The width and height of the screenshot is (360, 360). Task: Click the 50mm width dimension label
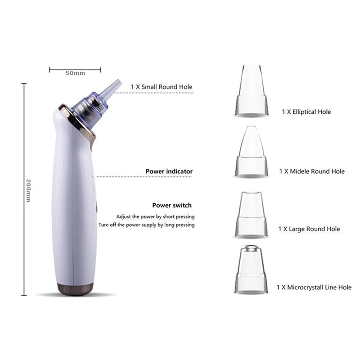(75, 73)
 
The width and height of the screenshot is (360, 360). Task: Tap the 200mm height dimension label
(28, 190)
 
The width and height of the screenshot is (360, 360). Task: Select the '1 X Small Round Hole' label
(162, 87)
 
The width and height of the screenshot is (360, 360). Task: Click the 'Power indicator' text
(169, 171)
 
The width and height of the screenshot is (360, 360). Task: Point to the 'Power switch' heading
(172, 205)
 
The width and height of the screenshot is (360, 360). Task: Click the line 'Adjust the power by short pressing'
(155, 216)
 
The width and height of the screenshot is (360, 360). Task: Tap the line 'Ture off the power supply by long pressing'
(147, 225)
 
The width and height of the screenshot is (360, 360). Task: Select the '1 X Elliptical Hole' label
(306, 112)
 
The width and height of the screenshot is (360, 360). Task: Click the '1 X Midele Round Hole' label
(312, 171)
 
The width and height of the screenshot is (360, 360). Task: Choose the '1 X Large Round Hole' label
(309, 229)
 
